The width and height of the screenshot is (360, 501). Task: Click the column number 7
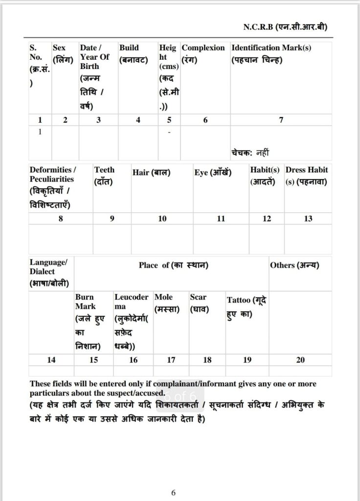281,120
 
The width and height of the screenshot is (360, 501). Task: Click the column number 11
221,219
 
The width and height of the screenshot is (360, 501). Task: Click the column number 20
300,360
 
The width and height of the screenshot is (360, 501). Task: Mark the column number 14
51,360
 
